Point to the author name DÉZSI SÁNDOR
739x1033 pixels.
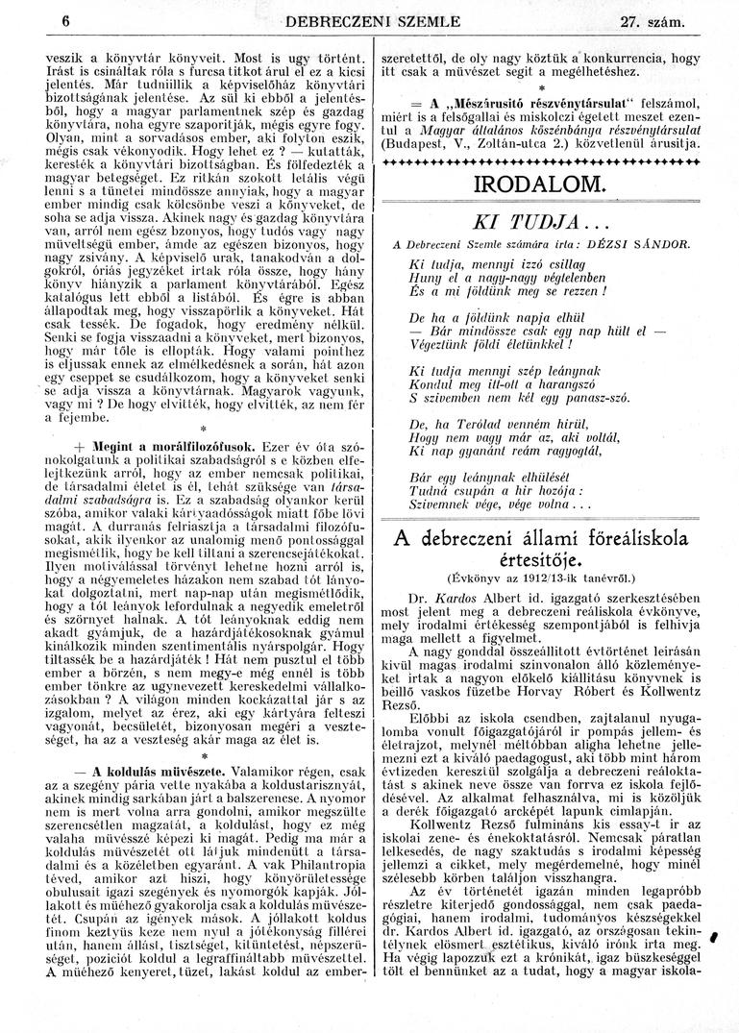pos(643,245)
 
